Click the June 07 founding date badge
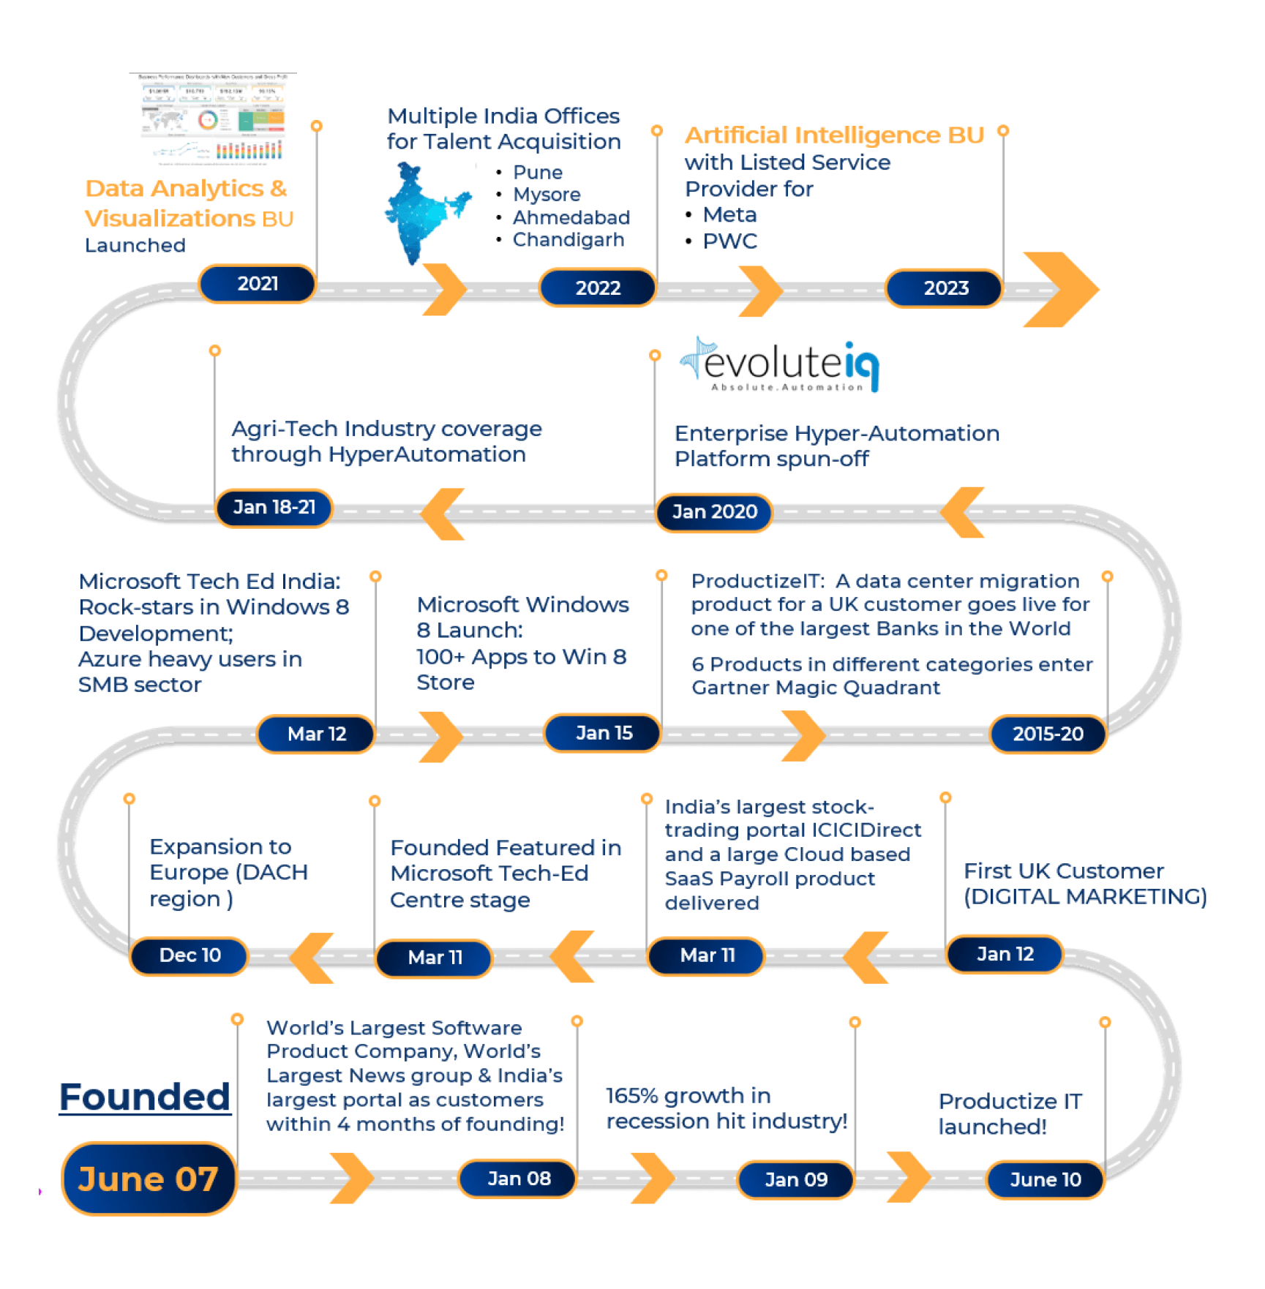tap(149, 1179)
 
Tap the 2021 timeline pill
tap(258, 284)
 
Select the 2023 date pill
tap(945, 288)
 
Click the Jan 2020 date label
tap(714, 511)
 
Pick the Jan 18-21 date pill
tap(274, 507)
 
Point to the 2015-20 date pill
tap(1047, 734)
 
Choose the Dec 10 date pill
tap(189, 955)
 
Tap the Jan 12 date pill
tap(1005, 954)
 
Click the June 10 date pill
tap(1045, 1179)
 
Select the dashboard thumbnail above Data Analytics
tap(212, 117)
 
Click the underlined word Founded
tap(145, 1097)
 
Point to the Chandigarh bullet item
tap(568, 240)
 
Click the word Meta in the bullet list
tap(729, 215)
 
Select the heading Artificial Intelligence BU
tap(834, 135)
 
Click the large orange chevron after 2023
tap(1060, 290)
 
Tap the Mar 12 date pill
tap(316, 734)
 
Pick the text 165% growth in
tap(688, 1095)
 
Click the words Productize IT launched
tap(1009, 1113)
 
